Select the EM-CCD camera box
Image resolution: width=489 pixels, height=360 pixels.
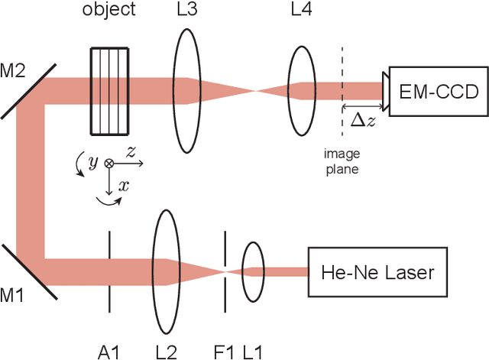pos(437,92)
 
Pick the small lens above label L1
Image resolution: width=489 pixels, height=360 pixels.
pos(253,271)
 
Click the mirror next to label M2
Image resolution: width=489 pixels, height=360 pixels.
pos(28,91)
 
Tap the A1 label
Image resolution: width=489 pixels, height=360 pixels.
pos(109,351)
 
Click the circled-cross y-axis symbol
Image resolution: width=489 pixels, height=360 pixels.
pos(109,163)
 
